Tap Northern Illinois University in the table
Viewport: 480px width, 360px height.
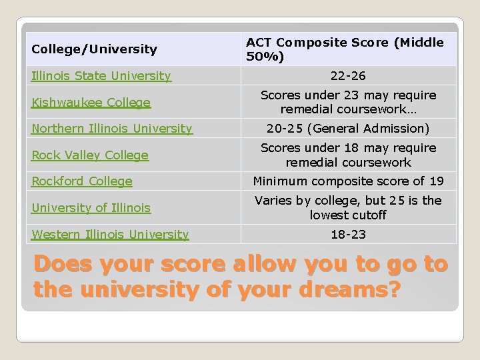112,129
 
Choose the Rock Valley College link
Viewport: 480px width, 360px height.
90,155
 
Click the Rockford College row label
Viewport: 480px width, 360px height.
82,181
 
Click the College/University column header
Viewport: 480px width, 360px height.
94,49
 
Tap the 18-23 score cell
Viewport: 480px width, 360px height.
349,234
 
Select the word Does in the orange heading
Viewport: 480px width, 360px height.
61,265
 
